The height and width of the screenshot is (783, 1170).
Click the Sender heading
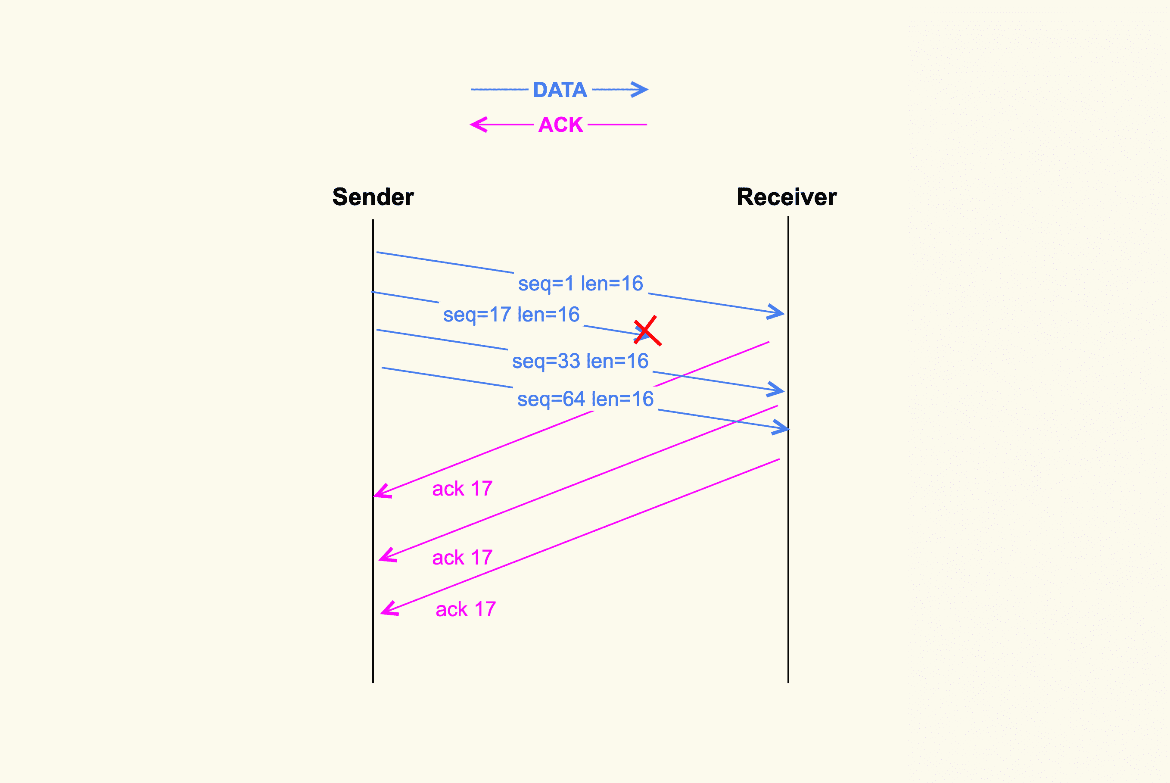coord(373,197)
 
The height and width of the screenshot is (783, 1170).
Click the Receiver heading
coord(787,197)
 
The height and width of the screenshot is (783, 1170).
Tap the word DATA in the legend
coord(560,90)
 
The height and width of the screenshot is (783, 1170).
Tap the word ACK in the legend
coord(560,125)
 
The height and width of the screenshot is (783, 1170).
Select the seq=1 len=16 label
coord(581,284)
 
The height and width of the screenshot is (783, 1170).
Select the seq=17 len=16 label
coord(511,315)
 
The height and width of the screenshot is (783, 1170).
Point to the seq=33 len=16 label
coord(580,361)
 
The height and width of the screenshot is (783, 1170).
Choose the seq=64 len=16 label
coord(585,399)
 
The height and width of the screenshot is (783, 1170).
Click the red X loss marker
coord(647,331)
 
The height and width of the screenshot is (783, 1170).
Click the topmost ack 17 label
coord(462,488)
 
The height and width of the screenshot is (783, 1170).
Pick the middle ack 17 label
coord(462,557)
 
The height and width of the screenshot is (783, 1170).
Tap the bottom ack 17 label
coord(466,609)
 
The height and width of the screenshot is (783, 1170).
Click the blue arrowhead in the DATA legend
coord(641,90)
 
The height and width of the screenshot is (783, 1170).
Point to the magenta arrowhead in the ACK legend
coord(478,125)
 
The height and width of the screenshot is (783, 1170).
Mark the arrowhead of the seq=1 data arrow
coord(778,312)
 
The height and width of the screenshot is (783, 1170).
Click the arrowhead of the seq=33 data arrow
coord(778,390)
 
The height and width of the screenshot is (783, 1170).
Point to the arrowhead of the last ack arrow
coord(388,610)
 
